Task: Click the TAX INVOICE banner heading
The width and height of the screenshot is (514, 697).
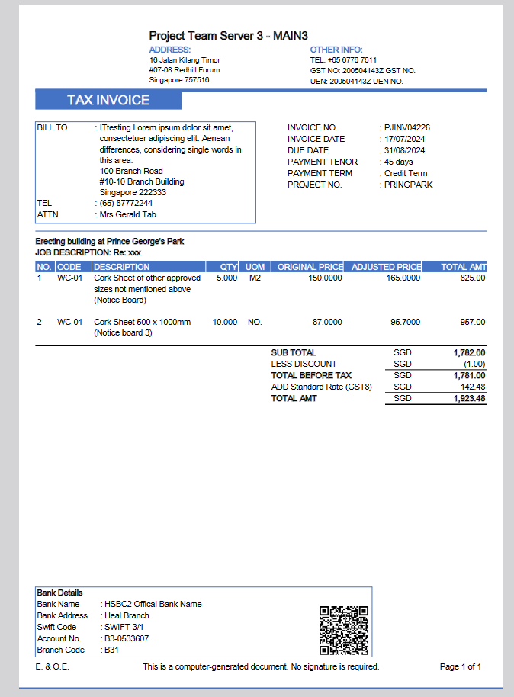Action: coord(108,101)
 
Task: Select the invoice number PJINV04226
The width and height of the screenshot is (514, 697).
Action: coord(407,127)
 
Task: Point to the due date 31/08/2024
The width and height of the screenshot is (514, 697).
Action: coord(404,150)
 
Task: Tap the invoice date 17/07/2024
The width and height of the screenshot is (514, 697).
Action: coord(404,139)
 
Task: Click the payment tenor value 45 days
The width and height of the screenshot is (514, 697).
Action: coord(398,162)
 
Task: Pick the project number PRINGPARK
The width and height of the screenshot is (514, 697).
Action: coord(408,185)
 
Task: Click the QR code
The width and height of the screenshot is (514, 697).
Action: coord(343,631)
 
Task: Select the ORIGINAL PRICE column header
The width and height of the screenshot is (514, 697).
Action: coord(310,267)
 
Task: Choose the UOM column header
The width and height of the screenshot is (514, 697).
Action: coord(255,267)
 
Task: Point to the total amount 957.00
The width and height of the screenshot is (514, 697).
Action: coord(471,322)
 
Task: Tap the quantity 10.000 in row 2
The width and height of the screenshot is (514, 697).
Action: coord(224,322)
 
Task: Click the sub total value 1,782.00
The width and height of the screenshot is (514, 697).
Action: coord(468,353)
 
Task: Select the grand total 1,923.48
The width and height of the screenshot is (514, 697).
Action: coord(468,399)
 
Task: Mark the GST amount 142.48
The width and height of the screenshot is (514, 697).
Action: coord(472,387)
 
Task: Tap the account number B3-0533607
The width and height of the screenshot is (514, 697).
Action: coord(127,638)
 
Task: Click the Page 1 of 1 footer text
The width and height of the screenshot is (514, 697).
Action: coord(461,666)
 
